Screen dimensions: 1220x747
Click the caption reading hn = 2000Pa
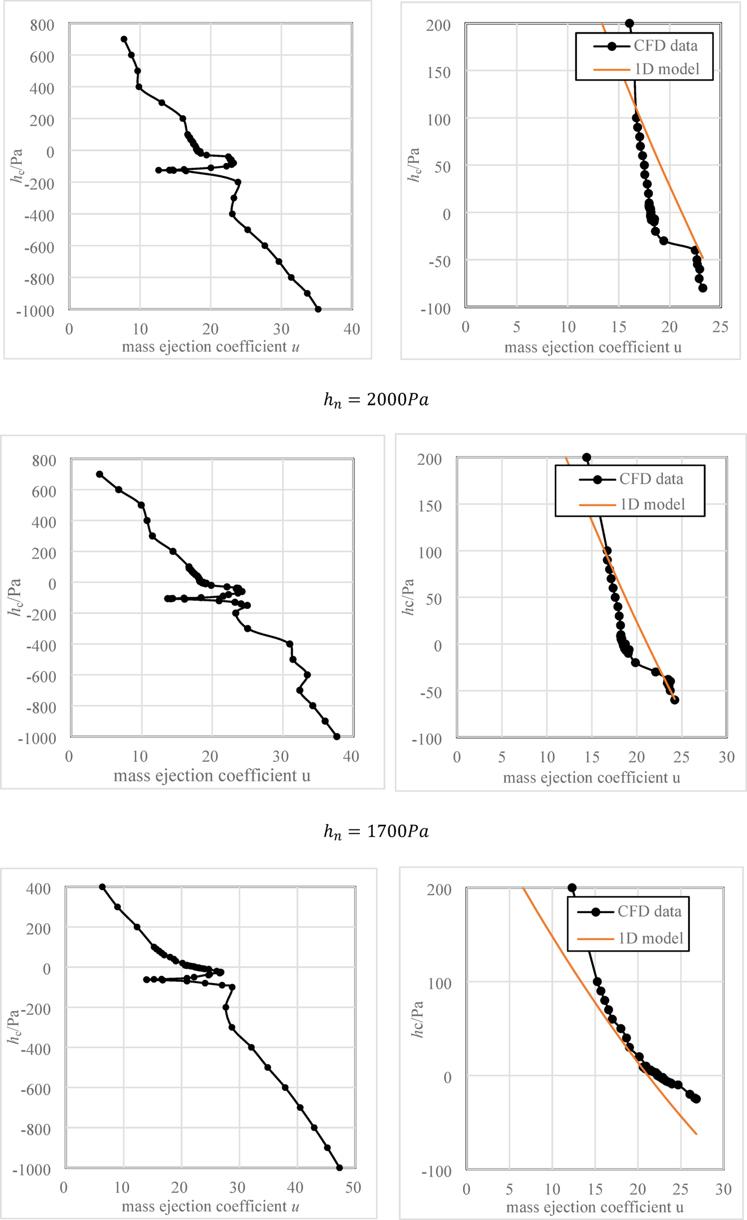tap(376, 399)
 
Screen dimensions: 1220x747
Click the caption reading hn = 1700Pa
tap(376, 831)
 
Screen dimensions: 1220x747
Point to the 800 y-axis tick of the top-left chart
tap(42, 25)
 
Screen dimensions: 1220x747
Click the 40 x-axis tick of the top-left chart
tap(352, 329)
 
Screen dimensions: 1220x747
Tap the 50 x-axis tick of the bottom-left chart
tap(353, 1188)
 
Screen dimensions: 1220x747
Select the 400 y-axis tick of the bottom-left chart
tap(39, 888)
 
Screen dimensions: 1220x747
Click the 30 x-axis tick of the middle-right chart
tap(726, 757)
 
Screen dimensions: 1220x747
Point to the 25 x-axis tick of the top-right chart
tap(720, 327)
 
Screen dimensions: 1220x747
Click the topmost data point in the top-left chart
tap(124, 39)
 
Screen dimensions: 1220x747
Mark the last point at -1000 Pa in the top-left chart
tap(318, 309)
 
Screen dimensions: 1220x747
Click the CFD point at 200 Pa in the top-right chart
tap(629, 23)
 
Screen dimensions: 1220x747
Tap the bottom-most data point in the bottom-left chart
tap(340, 1167)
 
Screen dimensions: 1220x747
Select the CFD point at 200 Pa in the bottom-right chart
tap(572, 888)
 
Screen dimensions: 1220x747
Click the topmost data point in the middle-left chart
tap(99, 474)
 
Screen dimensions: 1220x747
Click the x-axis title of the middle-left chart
tap(212, 775)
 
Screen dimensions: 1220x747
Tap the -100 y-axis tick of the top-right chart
tap(436, 309)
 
